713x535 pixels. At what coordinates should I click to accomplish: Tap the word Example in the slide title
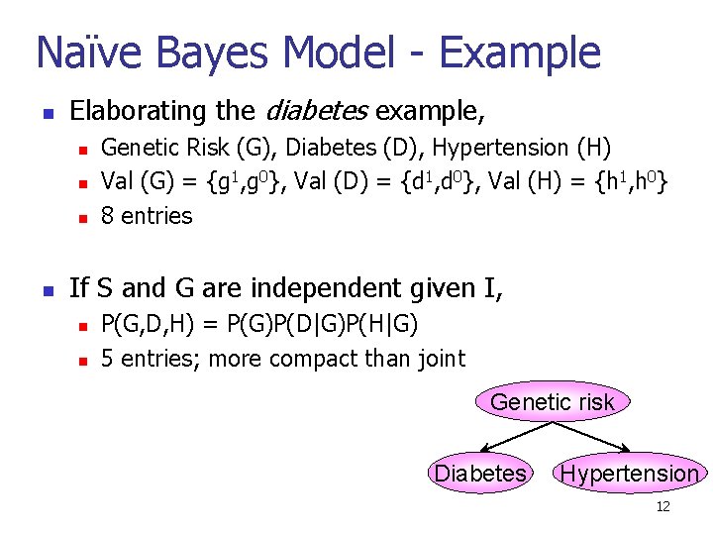518,52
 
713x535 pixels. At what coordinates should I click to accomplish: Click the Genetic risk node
553,401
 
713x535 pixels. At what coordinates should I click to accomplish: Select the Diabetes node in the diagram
480,474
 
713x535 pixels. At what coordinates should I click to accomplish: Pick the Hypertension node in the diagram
629,474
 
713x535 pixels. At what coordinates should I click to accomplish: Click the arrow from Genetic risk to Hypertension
592,438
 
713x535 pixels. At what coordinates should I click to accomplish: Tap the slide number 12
662,507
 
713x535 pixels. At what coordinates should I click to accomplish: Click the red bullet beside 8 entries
84,217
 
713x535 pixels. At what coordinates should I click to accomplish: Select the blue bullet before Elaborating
47,110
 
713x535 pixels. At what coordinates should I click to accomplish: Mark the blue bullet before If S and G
47,290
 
